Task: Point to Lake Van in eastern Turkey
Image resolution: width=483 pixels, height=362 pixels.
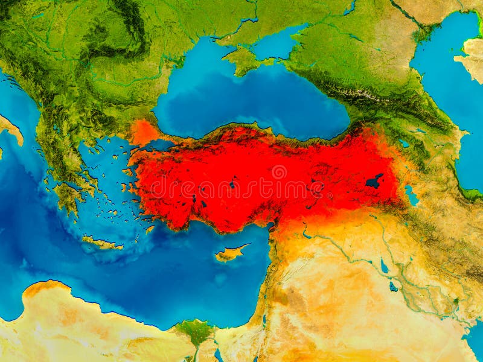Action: click(374, 180)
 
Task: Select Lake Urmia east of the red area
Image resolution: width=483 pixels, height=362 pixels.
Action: click(412, 195)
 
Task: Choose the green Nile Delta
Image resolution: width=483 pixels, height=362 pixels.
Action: click(195, 331)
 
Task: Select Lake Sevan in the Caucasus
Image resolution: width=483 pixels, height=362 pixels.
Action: click(403, 144)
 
